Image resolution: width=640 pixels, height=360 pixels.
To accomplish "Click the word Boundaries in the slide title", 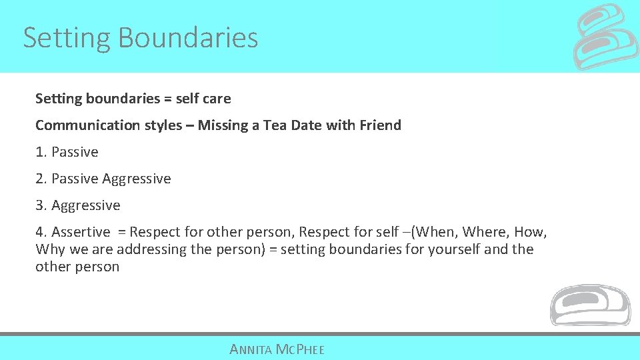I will pos(188,37).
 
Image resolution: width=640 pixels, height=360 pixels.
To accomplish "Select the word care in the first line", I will pos(217,99).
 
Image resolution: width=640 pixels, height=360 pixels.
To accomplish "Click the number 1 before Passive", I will pos(40,152).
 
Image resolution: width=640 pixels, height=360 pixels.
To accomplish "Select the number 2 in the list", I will pos(40,179).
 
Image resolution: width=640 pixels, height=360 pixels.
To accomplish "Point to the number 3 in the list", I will pos(40,205).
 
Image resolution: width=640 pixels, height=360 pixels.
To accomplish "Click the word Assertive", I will pos(81,232).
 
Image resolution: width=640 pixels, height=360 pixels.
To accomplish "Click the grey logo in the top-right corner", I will pos(606,37).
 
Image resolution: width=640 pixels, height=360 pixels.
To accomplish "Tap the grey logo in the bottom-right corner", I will pos(590,305).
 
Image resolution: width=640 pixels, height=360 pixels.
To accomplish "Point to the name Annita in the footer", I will pos(251,349).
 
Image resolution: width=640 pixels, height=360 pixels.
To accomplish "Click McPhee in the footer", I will pos(301,349).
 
